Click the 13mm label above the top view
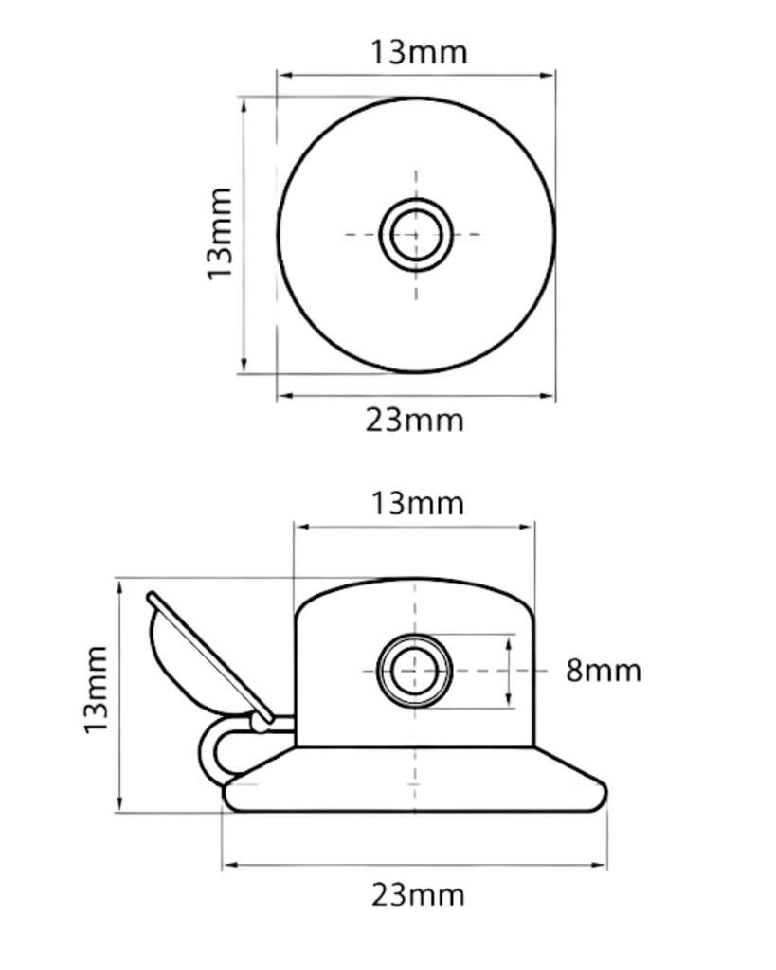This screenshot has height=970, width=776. tap(418, 51)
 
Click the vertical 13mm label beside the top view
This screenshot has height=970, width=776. tap(220, 233)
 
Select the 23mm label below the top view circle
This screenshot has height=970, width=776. tap(415, 419)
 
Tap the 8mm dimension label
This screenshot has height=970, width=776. tap(604, 671)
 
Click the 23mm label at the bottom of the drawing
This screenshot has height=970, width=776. tap(418, 893)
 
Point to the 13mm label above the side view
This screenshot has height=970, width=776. tap(418, 503)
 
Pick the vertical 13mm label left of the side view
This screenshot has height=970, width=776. tap(95, 689)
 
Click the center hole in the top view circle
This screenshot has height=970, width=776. tap(416, 234)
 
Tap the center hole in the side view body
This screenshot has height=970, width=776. tap(415, 671)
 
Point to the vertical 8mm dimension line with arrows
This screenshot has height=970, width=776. tap(511, 671)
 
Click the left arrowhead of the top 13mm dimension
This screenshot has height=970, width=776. tap(282, 76)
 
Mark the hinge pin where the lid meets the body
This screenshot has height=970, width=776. tap(260, 724)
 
